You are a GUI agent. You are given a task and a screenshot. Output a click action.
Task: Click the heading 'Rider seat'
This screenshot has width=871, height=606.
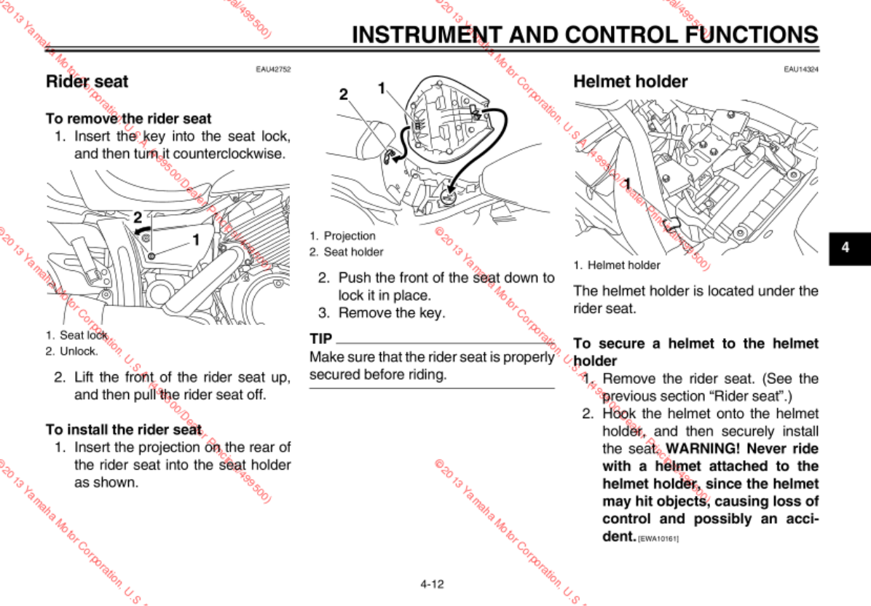87,82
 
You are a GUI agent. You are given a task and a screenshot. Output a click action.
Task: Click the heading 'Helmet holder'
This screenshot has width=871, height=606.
630,82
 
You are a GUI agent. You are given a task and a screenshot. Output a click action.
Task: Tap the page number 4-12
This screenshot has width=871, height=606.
432,583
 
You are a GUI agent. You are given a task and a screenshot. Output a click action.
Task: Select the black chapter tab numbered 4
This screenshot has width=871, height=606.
846,247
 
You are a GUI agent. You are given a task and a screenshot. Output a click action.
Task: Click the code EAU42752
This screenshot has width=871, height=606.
273,69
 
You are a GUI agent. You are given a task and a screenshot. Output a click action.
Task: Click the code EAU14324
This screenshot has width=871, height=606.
801,69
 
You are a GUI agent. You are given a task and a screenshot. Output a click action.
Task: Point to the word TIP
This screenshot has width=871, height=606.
321,339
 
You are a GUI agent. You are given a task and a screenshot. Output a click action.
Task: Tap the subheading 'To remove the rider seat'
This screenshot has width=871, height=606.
129,118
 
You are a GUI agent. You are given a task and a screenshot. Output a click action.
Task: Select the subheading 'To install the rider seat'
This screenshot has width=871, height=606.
124,430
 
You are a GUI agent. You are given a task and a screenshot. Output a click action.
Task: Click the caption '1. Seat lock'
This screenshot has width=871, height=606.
76,335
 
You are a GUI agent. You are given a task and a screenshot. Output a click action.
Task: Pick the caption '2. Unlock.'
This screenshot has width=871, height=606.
71,351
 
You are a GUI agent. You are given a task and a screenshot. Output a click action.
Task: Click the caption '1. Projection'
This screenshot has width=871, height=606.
342,236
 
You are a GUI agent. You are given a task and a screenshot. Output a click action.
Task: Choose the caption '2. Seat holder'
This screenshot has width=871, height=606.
346,252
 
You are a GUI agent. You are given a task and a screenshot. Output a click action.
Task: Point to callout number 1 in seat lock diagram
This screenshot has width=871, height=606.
195,238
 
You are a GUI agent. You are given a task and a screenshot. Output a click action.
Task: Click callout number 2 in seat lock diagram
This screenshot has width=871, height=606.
137,216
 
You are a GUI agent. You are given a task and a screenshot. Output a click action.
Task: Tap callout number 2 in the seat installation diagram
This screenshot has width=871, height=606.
344,94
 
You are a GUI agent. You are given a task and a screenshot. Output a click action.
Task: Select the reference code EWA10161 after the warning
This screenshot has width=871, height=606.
658,539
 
